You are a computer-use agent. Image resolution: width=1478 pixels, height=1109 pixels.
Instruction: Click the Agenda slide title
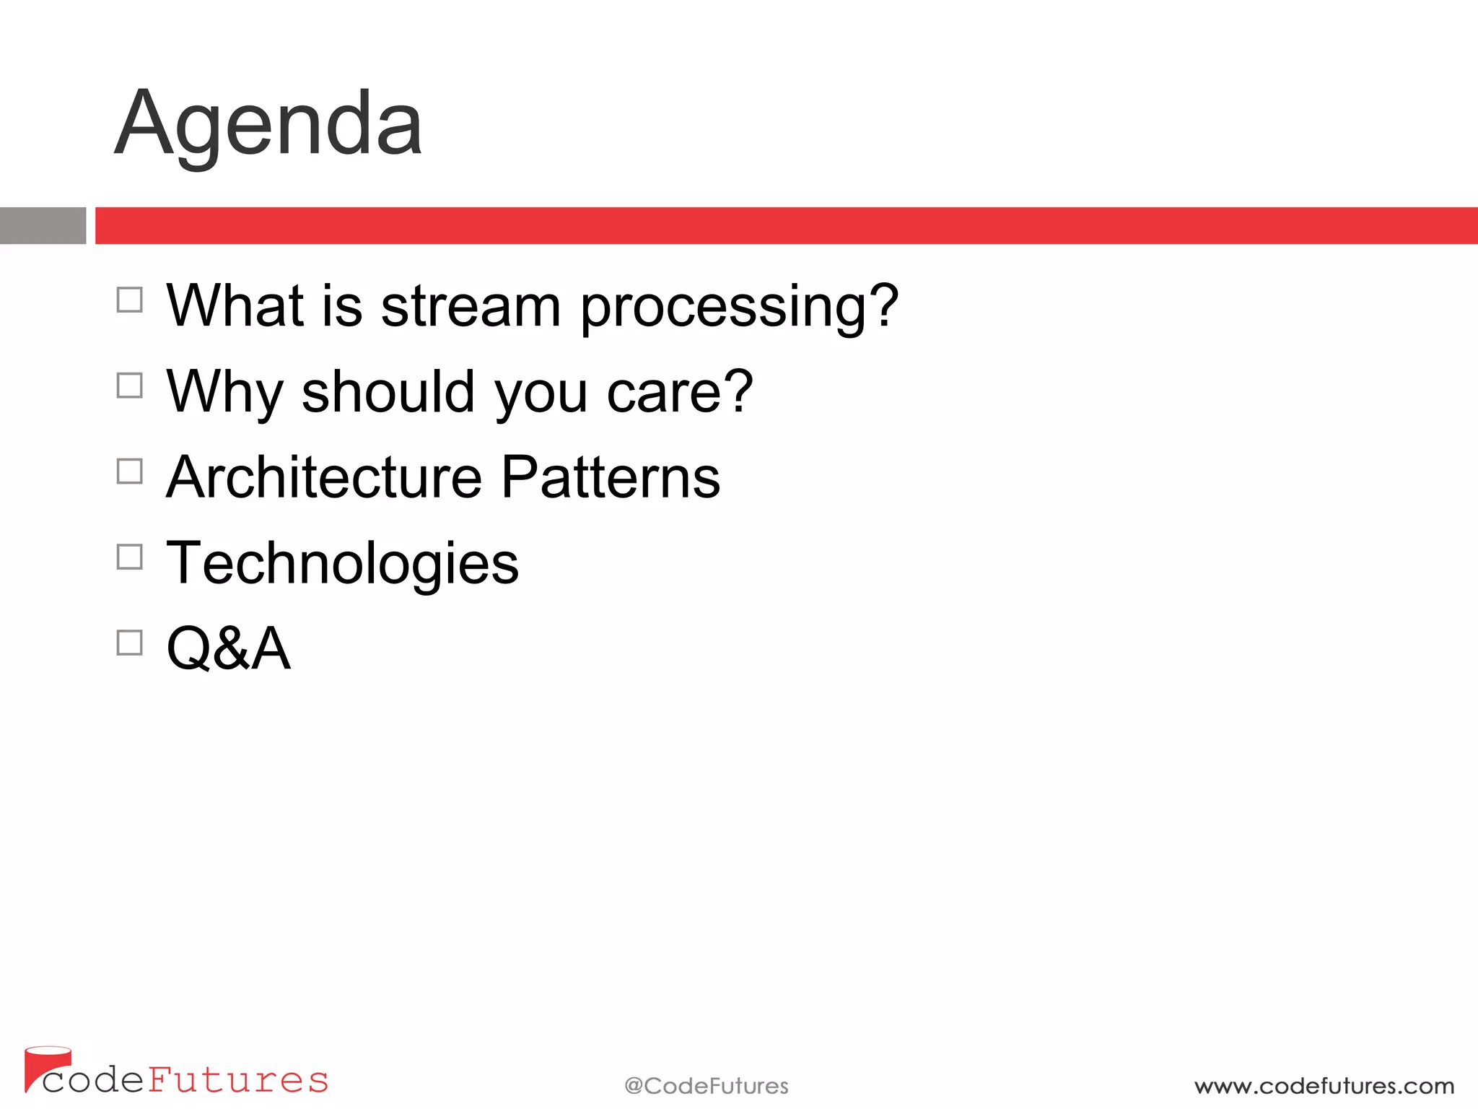(x=268, y=124)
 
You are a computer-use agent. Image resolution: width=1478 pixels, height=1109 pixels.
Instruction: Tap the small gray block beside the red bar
(x=43, y=225)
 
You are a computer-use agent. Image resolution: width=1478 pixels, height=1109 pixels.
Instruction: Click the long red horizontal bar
(x=785, y=225)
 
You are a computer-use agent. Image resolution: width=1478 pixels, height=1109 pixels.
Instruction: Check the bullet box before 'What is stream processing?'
(x=130, y=300)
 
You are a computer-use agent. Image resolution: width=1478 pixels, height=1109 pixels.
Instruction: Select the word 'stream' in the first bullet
(x=471, y=306)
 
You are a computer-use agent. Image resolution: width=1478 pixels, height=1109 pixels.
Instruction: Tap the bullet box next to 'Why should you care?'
(x=130, y=386)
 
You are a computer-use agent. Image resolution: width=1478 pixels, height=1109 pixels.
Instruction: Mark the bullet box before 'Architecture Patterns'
(x=130, y=471)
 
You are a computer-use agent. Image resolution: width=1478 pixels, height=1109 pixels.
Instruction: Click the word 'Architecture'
(x=324, y=477)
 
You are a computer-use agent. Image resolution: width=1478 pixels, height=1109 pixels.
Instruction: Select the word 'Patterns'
(x=611, y=477)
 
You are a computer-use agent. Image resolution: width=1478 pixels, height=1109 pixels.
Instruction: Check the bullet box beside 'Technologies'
(x=130, y=557)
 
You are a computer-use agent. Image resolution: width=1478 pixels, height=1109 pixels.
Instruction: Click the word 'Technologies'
(x=342, y=564)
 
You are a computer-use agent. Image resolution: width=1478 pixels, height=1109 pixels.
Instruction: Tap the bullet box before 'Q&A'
(x=130, y=643)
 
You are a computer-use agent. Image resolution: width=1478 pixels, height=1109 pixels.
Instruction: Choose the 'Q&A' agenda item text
(x=228, y=648)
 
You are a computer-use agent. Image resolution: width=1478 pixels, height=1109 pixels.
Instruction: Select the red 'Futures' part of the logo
(x=238, y=1080)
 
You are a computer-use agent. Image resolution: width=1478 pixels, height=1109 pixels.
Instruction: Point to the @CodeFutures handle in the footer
(x=706, y=1086)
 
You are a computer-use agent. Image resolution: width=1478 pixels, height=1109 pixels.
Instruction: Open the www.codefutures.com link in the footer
(x=1324, y=1086)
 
